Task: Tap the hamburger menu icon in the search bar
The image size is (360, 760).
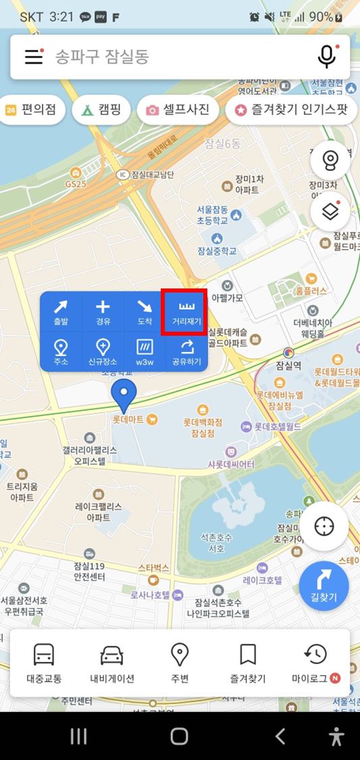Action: tap(34, 57)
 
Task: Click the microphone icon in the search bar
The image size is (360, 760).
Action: tap(327, 57)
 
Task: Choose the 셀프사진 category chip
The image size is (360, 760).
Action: tap(178, 109)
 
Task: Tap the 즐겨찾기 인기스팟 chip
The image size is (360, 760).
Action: tap(291, 109)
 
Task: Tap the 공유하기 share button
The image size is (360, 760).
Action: tap(186, 351)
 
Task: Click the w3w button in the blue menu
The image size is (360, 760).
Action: tap(145, 351)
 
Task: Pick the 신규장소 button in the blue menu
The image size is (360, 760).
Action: tap(103, 351)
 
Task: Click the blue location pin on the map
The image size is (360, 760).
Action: tap(124, 395)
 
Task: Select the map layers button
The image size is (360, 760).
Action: tap(330, 211)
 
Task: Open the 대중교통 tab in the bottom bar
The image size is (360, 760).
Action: tap(44, 663)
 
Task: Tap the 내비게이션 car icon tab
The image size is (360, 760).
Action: tap(112, 663)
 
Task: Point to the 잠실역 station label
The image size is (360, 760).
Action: tap(288, 365)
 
